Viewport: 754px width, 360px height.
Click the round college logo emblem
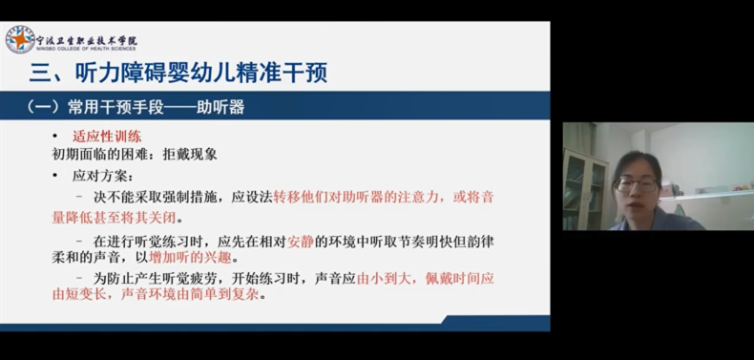[x=20, y=39]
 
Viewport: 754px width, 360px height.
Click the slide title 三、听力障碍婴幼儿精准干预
[x=178, y=74]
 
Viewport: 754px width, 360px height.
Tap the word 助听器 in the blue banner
[x=220, y=107]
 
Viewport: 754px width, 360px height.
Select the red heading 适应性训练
[x=107, y=137]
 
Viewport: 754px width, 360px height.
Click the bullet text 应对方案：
[x=102, y=176]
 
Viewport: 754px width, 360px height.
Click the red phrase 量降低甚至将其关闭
[x=114, y=218]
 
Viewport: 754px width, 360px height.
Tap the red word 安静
[x=301, y=243]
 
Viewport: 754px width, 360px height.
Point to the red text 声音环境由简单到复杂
[x=190, y=294]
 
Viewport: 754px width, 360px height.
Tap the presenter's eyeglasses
[x=637, y=184]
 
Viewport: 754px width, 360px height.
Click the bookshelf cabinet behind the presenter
[x=585, y=190]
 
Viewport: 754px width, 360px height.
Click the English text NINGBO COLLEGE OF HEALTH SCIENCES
[x=86, y=49]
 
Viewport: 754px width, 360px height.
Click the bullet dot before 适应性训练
[x=54, y=137]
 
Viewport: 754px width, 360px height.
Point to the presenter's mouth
[x=633, y=205]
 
